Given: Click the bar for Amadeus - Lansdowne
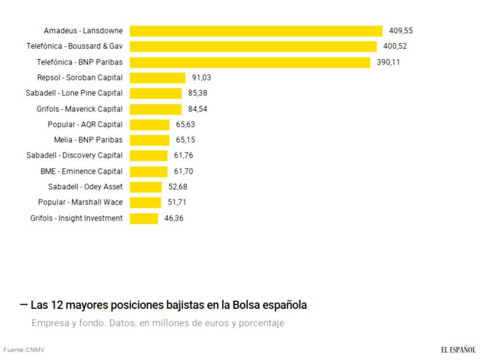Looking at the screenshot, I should [256, 31].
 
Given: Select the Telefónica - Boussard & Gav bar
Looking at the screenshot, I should [253, 47].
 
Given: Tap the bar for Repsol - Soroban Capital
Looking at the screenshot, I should [157, 78].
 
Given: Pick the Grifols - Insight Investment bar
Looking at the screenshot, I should [144, 218].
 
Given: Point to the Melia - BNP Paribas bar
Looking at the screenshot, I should [150, 140].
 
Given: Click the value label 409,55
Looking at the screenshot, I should [401, 31].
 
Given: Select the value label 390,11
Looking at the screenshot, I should [388, 62].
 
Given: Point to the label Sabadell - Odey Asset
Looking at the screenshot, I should [85, 187].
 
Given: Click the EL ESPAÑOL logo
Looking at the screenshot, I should [459, 350].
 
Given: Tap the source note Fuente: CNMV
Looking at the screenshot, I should [24, 350].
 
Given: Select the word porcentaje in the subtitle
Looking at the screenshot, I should [257, 323].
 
